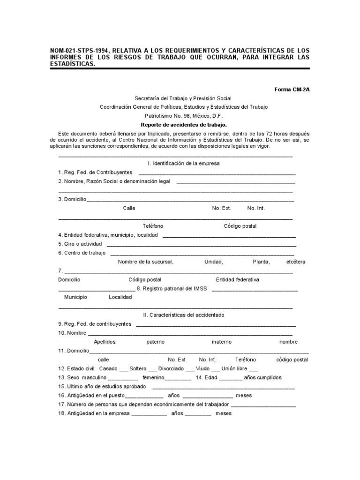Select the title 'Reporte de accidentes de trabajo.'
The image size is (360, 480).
[184, 125]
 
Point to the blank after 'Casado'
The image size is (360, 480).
[124, 369]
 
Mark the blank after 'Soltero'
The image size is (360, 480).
[151, 369]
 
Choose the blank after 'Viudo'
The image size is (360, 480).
[215, 369]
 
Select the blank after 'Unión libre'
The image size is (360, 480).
[254, 369]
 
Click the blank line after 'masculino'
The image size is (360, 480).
[123, 378]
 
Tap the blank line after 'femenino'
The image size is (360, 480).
[178, 378]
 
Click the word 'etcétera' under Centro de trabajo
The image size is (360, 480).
[295, 262]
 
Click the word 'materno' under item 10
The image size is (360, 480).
[221, 342]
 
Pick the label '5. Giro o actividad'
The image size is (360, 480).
[80, 244]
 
